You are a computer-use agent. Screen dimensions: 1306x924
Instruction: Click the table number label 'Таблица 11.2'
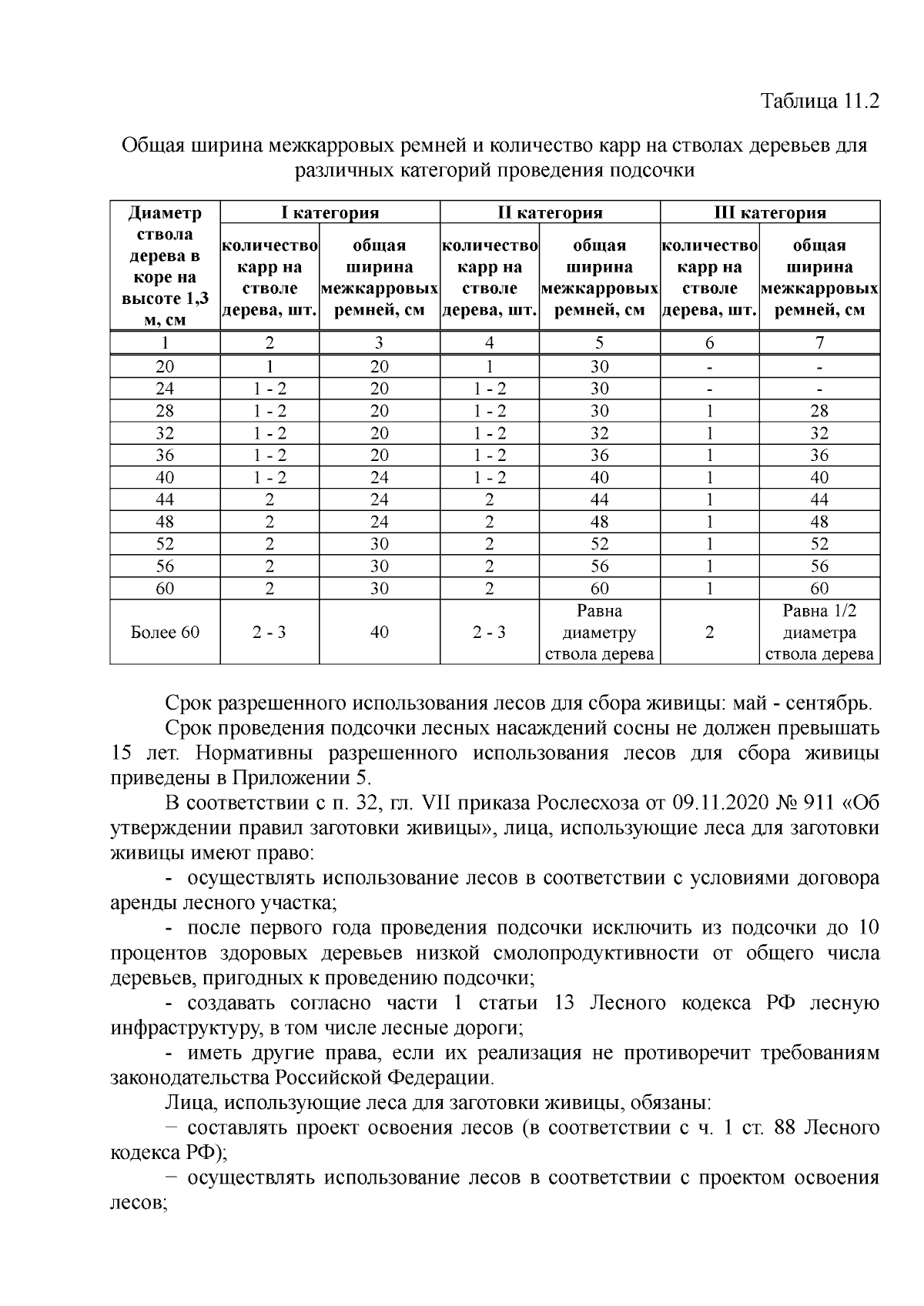pyautogui.click(x=819, y=102)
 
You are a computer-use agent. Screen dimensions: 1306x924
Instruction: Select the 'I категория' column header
pyautogui.click(x=330, y=212)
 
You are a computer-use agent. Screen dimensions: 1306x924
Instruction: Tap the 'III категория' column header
pyautogui.click(x=770, y=212)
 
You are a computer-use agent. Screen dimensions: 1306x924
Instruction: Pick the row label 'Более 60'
pyautogui.click(x=165, y=633)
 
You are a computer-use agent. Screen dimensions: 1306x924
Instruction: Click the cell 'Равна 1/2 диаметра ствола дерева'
pyautogui.click(x=819, y=633)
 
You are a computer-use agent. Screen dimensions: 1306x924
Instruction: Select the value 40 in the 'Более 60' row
pyautogui.click(x=379, y=633)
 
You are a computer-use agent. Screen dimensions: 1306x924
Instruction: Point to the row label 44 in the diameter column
pyautogui.click(x=165, y=499)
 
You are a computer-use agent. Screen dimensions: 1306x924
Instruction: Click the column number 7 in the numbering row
pyautogui.click(x=819, y=343)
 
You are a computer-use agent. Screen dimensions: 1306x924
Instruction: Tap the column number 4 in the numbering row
pyautogui.click(x=489, y=343)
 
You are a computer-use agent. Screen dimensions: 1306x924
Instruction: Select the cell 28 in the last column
pyautogui.click(x=819, y=411)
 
